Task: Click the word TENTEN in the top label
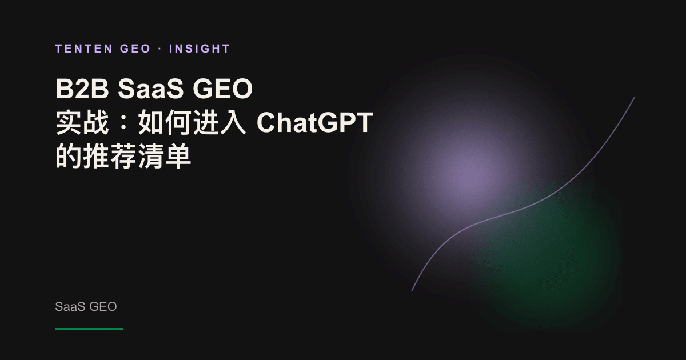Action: pos(84,49)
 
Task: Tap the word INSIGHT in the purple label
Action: pos(200,49)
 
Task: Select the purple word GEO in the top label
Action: pos(135,49)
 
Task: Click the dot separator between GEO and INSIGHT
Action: pos(160,49)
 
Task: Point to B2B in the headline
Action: pos(82,89)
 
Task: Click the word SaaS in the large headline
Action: pos(151,89)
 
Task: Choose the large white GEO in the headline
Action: pos(222,89)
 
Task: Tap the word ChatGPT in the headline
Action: pos(315,122)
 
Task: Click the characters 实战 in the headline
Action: pos(82,122)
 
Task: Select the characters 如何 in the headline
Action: pos(164,122)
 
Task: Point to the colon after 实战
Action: pos(123,122)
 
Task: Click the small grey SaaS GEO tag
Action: pos(86,306)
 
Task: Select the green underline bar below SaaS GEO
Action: pos(89,329)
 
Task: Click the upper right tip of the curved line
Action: pos(634,98)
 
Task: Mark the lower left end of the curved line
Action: pos(412,291)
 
